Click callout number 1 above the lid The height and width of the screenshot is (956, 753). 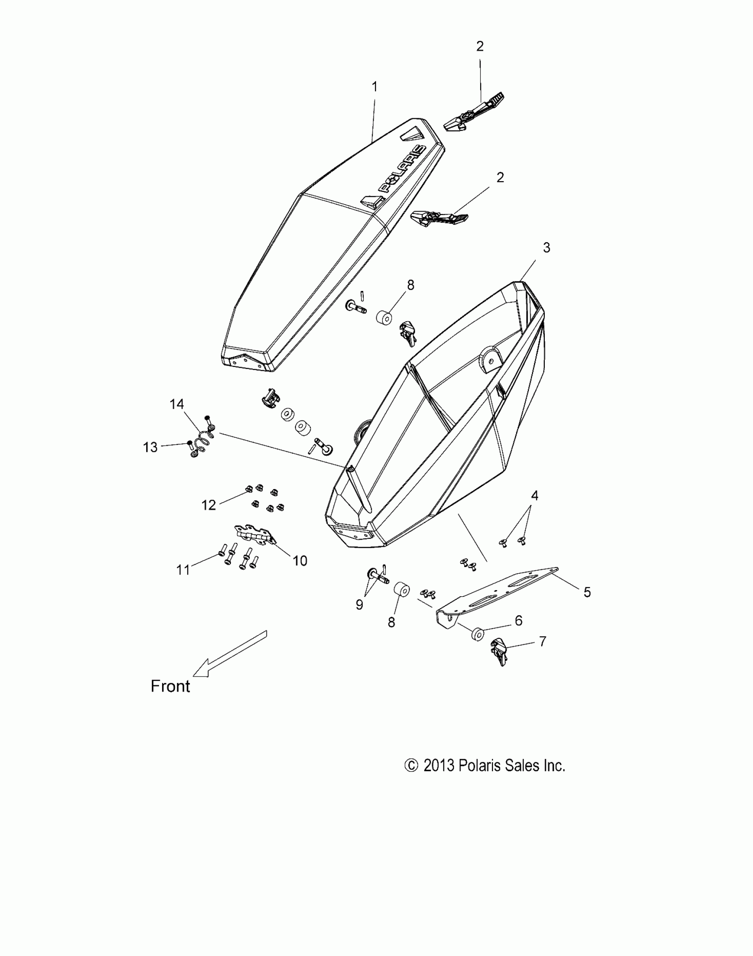[375, 87]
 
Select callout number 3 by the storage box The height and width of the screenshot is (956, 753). [546, 248]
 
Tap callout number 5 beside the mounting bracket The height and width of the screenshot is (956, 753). [587, 592]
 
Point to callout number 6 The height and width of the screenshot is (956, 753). [519, 621]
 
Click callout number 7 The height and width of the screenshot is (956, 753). [542, 641]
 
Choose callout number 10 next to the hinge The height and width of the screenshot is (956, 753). [299, 561]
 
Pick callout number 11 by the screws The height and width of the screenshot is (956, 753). [183, 570]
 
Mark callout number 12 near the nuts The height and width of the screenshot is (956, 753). [209, 505]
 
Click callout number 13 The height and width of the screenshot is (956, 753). [150, 447]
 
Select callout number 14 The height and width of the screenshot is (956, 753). [177, 404]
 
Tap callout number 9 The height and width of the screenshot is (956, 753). [359, 605]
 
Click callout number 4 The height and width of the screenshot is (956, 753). [535, 496]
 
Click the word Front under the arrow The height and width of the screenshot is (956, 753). [170, 686]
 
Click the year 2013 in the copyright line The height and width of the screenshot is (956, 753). [439, 766]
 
